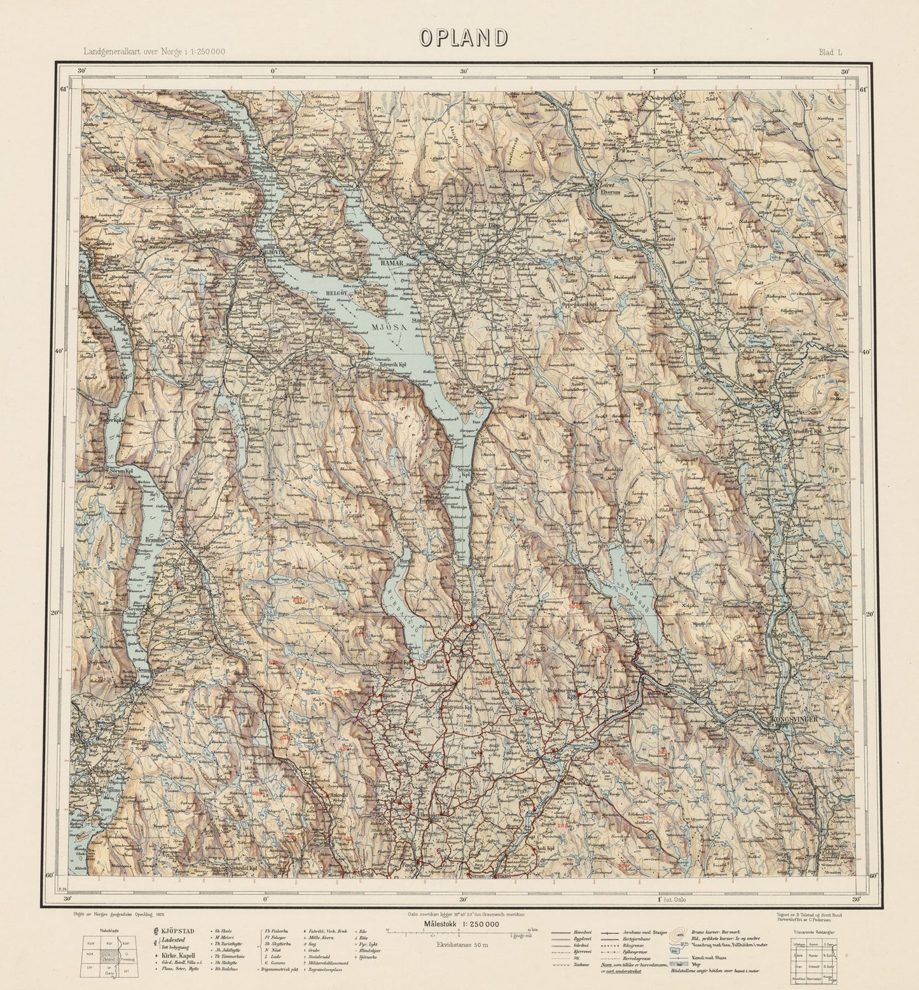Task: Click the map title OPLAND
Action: coord(462,38)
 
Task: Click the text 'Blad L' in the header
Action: coord(830,53)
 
